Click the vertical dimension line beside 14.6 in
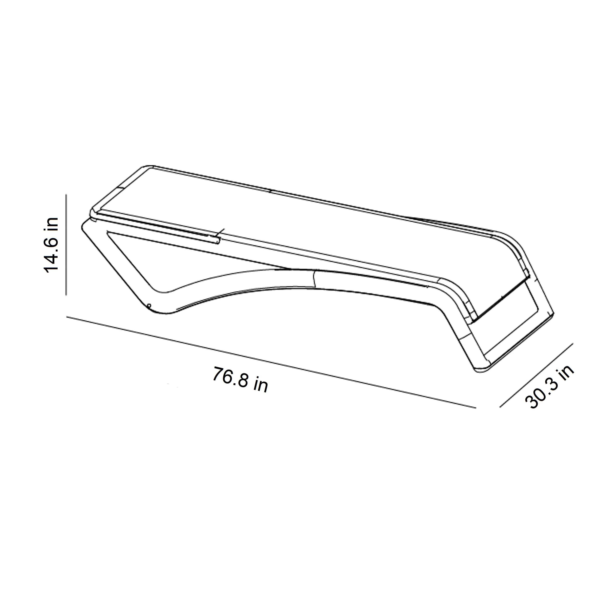[x=66, y=245]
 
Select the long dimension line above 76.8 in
[x=271, y=363]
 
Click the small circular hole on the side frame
[x=149, y=305]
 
